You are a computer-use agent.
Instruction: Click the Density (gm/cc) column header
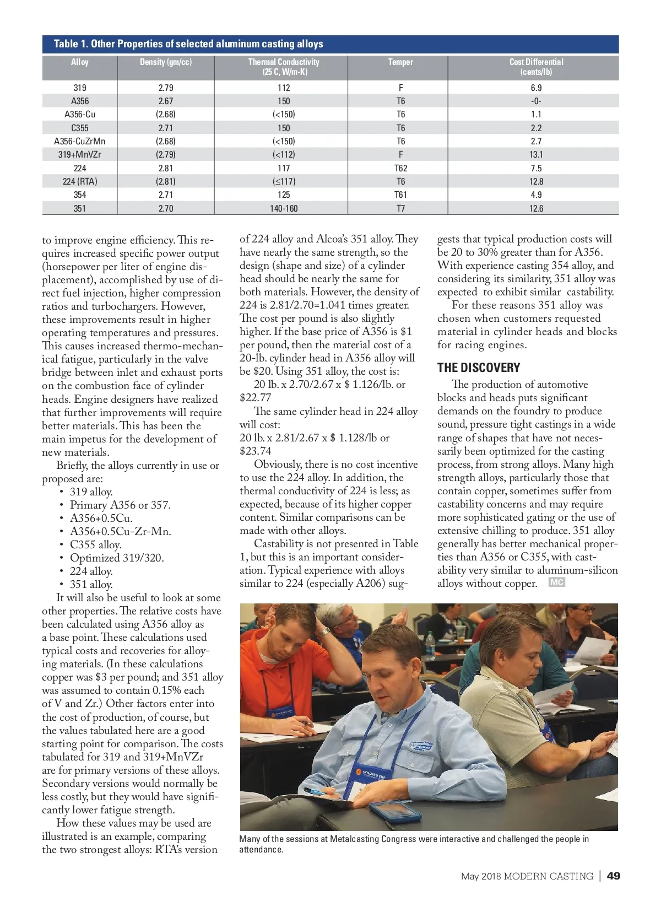click(x=166, y=62)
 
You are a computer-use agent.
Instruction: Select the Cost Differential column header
click(x=536, y=67)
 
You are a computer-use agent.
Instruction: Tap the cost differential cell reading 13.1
click(x=536, y=154)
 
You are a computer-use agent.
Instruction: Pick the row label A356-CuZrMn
click(x=80, y=141)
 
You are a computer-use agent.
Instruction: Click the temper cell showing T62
click(x=400, y=168)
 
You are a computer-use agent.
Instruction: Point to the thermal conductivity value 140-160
click(x=284, y=208)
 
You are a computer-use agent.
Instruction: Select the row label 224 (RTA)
click(x=80, y=181)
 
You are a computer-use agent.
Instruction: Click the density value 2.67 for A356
click(x=166, y=101)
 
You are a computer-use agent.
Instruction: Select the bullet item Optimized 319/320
click(x=117, y=558)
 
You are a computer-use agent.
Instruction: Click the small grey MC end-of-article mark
click(x=556, y=582)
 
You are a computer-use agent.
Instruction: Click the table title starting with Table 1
click(x=188, y=44)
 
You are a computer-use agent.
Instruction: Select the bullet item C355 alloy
click(x=95, y=544)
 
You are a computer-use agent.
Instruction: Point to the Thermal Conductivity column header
click(x=284, y=67)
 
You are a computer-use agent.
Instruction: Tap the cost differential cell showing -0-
click(x=536, y=101)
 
